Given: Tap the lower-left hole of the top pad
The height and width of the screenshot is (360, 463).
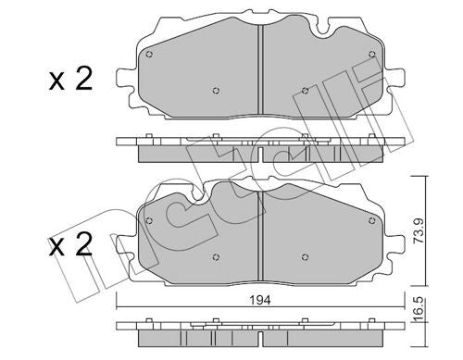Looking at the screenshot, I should (x=215, y=90).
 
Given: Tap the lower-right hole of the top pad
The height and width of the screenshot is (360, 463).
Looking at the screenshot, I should (x=305, y=91).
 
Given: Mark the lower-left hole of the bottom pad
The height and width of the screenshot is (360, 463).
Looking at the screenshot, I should (x=215, y=256).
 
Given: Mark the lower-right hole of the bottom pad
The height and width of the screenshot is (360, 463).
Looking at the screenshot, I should (x=305, y=256).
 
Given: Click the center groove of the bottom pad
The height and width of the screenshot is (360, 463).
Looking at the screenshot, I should (x=260, y=236).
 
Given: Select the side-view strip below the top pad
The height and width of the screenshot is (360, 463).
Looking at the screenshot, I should (x=260, y=148).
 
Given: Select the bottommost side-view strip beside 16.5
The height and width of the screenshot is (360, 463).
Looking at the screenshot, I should (x=260, y=329).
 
